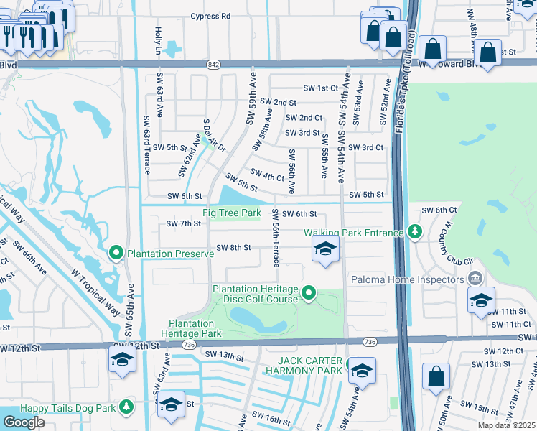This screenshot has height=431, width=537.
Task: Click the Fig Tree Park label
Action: pos(231,213)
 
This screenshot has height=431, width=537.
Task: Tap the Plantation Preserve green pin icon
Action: pos(116,253)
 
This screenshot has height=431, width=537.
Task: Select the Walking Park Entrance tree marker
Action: pos(414,231)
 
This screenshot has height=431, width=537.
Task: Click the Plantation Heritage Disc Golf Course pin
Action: pos(309,292)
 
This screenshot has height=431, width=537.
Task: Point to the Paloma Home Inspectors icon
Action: pos(474,278)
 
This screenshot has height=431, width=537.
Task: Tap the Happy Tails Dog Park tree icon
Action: pos(126,407)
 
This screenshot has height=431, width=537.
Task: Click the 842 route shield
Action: pos(215,64)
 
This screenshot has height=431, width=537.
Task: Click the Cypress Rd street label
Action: pos(210,16)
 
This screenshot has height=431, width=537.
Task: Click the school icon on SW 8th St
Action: pos(325,251)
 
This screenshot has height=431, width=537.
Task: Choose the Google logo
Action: pos(24,422)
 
